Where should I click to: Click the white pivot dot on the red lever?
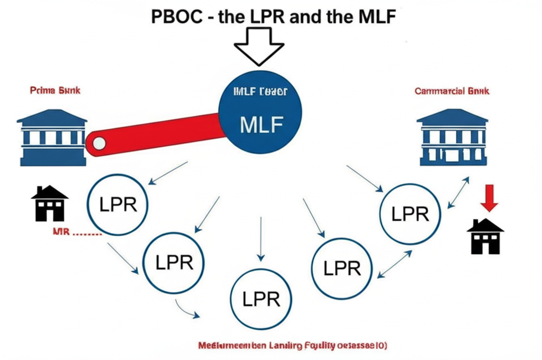tap(98, 142)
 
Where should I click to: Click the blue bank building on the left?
tap(52, 137)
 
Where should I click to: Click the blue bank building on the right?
tap(452, 137)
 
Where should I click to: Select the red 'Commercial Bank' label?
tap(452, 91)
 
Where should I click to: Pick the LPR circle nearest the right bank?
tap(410, 214)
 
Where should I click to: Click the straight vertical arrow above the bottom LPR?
tap(260, 238)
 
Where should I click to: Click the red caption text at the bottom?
tap(292, 346)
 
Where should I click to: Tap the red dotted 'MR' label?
tap(77, 232)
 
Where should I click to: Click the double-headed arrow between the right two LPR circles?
tap(395, 264)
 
